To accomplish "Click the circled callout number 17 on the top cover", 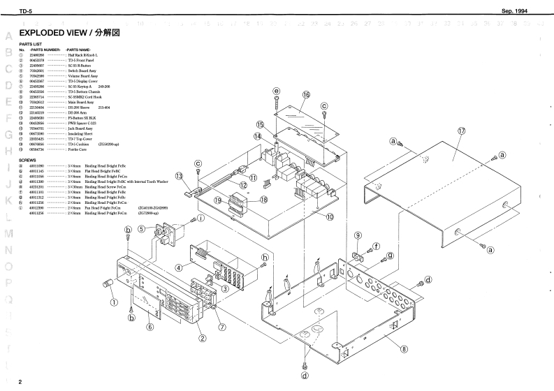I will tap(462, 131).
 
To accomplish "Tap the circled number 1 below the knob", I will tap(113, 302).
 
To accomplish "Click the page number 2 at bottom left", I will tap(21, 382).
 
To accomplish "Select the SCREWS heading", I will tap(28, 159).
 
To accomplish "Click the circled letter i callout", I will tap(201, 219).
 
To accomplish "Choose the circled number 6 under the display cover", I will tap(150, 326).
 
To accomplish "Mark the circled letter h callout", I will tap(264, 257).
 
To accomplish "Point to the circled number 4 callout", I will tap(179, 267).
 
